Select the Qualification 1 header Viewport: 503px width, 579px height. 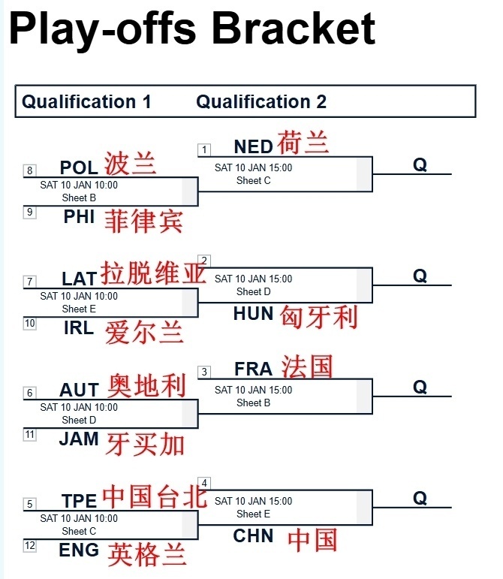click(x=86, y=101)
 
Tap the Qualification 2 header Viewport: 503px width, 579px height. click(x=261, y=101)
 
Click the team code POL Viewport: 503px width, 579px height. click(x=79, y=167)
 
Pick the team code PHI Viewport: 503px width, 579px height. click(x=79, y=217)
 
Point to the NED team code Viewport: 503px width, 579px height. click(x=253, y=146)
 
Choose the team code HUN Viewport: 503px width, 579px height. click(x=253, y=314)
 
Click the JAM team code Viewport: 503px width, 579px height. click(x=79, y=439)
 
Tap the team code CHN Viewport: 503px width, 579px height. click(x=253, y=535)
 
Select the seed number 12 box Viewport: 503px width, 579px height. click(x=30, y=546)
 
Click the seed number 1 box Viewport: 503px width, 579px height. click(x=204, y=149)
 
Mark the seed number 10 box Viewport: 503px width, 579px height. click(x=30, y=324)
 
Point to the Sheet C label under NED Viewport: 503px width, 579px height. click(x=254, y=180)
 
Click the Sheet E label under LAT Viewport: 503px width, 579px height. click(x=79, y=309)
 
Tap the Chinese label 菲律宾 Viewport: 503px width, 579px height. click(x=143, y=221)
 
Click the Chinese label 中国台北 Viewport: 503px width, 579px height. click(x=153, y=496)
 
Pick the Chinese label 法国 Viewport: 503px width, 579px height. click(x=307, y=366)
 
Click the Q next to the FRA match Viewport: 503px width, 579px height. click(x=420, y=387)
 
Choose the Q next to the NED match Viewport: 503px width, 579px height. click(x=420, y=164)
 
